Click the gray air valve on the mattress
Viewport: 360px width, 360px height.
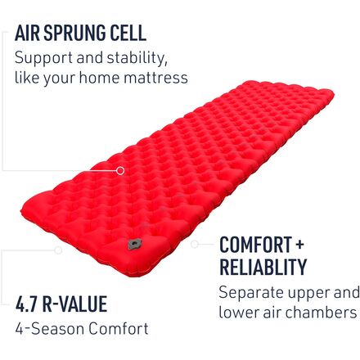pos(135,244)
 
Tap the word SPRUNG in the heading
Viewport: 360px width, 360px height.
pos(74,33)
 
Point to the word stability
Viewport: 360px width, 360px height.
pos(137,58)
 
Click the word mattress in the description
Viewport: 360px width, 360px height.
pos(155,78)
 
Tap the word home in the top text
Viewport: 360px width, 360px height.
pos(99,78)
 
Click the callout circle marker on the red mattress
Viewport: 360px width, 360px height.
pos(120,171)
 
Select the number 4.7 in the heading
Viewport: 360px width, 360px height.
pos(26,304)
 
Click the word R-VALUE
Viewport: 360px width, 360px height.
pos(74,304)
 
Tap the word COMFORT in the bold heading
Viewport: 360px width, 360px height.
pos(255,245)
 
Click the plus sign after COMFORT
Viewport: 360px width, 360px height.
pos(299,244)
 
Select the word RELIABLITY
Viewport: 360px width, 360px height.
pos(263,267)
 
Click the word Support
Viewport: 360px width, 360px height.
pos(43,59)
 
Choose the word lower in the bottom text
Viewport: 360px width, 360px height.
pos(239,313)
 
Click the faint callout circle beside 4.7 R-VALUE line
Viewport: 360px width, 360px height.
pos(58,250)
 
